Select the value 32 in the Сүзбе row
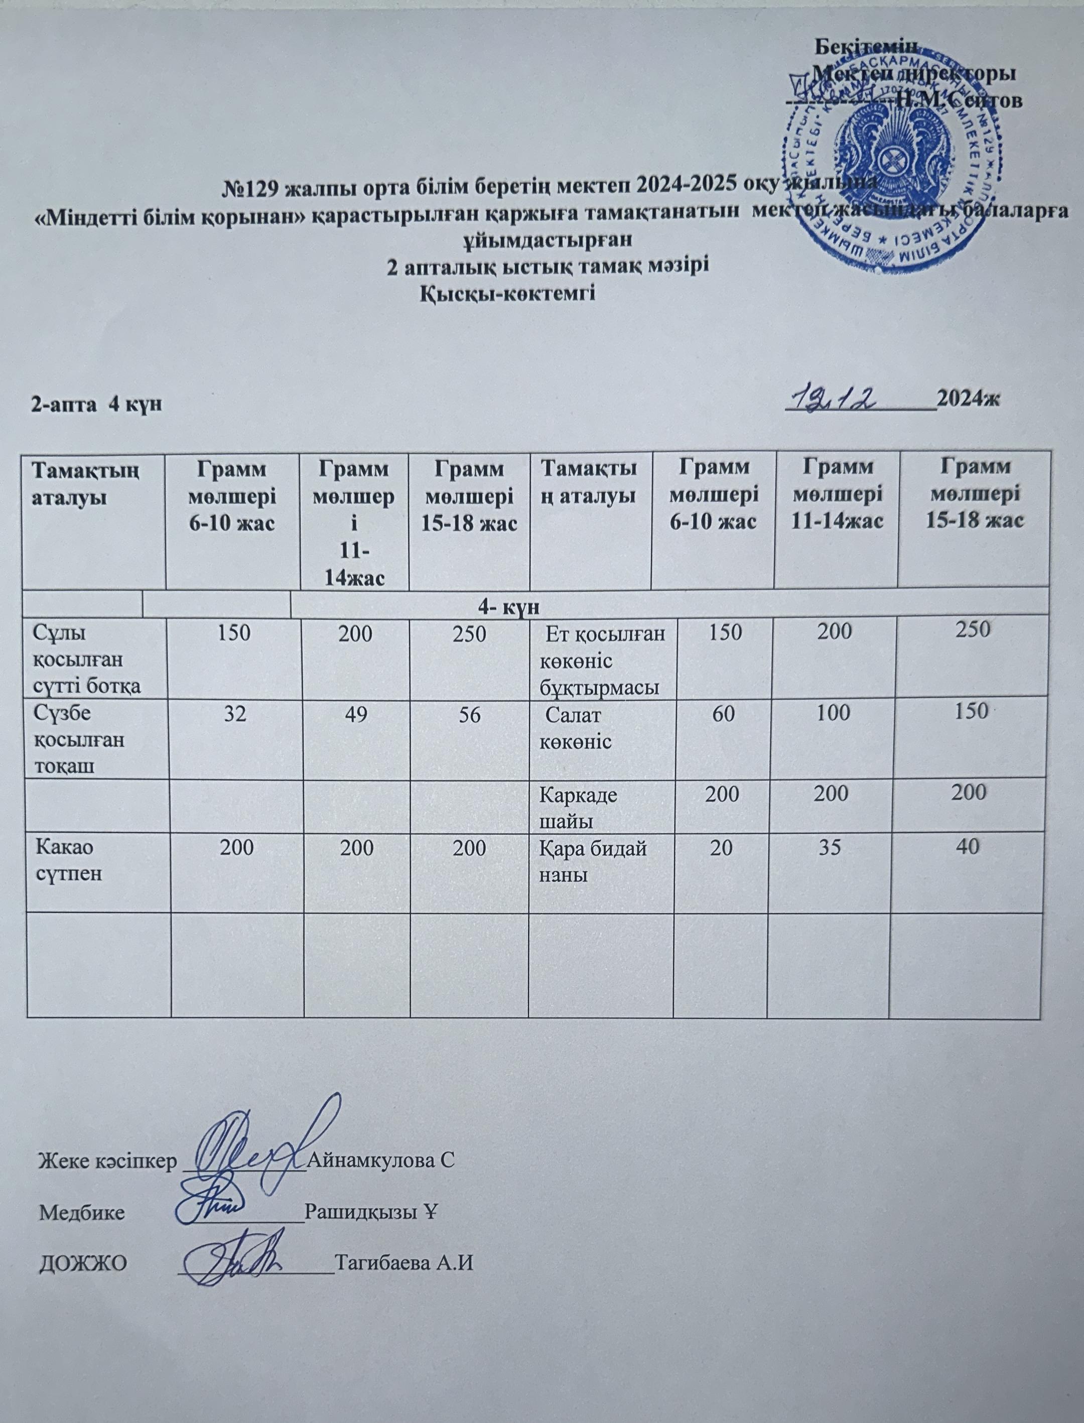pos(235,714)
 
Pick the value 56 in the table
pos(470,714)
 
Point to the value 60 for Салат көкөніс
pos(722,713)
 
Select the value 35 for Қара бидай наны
pos(831,847)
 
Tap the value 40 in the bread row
pos(974,846)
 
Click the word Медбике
pos(82,1211)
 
